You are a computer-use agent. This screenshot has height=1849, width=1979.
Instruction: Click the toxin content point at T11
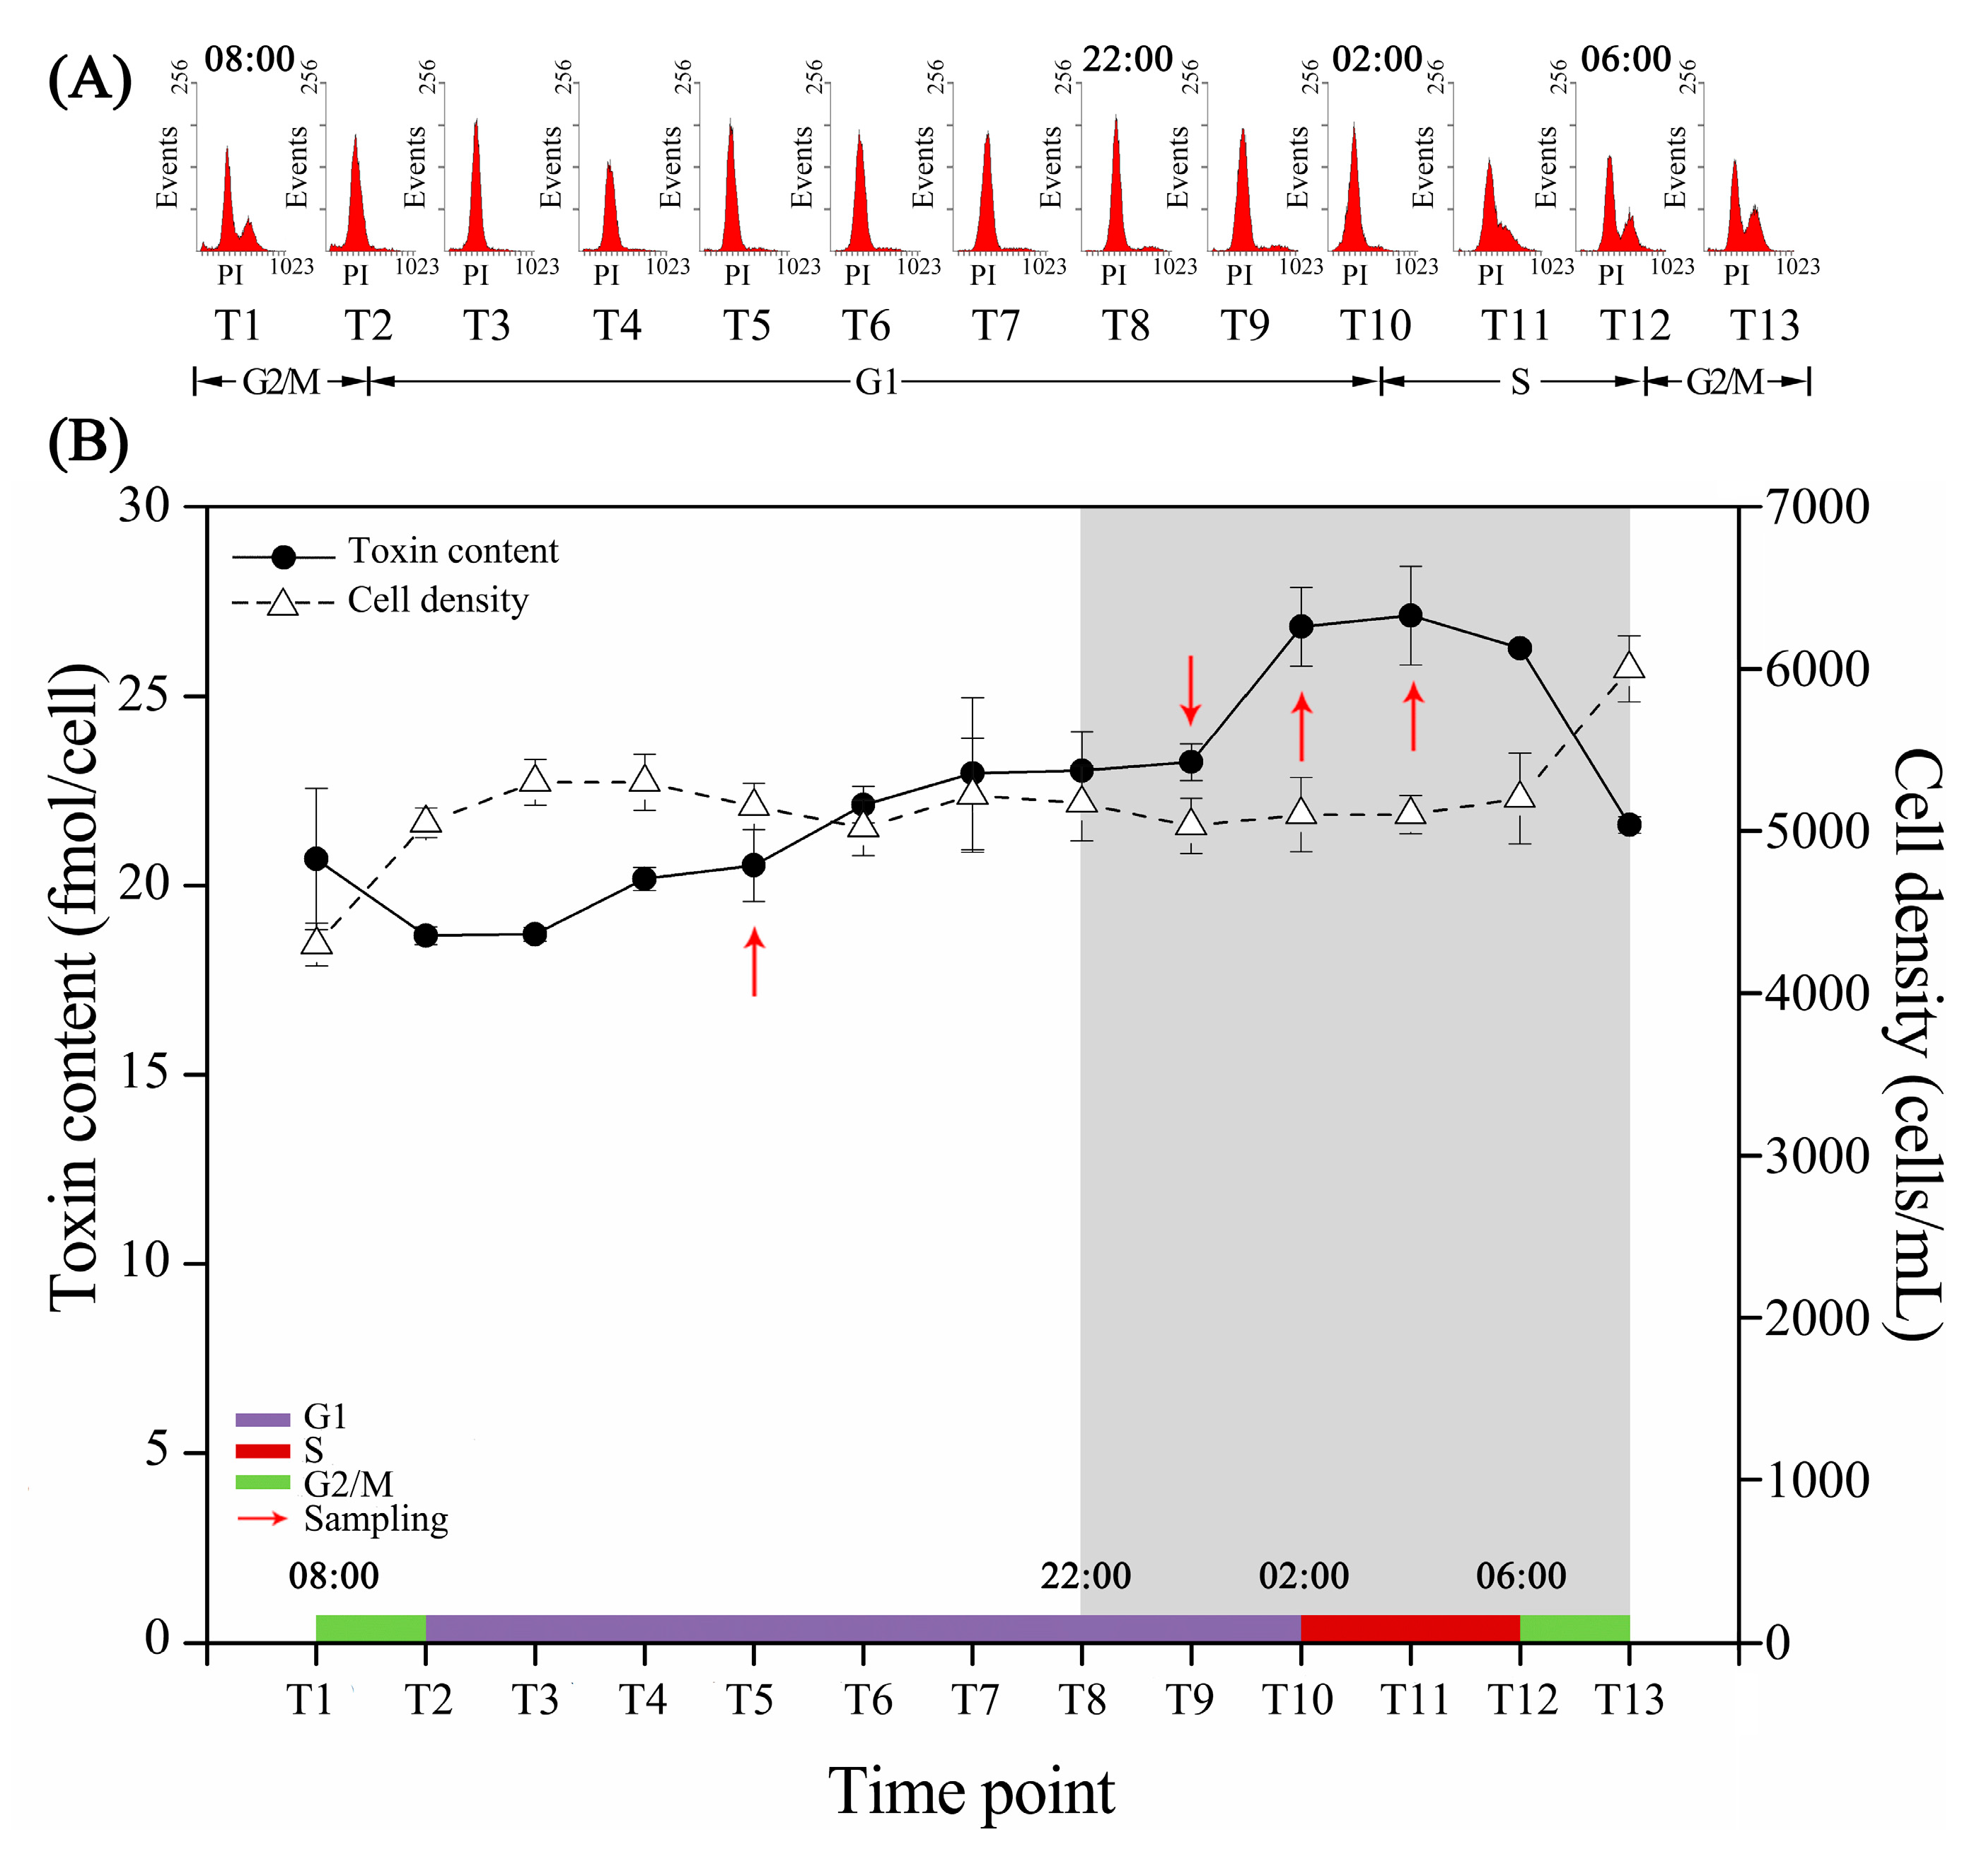[x=1410, y=615]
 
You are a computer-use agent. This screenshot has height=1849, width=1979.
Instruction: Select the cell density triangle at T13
[x=1629, y=665]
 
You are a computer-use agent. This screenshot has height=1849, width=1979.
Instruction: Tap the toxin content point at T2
[x=426, y=935]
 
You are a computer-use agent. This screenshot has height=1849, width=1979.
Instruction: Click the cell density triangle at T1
[x=317, y=941]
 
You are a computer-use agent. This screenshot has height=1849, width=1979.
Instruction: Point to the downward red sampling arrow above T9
[x=1190, y=689]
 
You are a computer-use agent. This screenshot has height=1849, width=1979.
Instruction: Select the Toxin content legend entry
[x=452, y=552]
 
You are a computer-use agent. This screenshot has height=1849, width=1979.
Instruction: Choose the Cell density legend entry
[x=437, y=600]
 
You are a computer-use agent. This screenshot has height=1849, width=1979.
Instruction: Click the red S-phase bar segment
[x=1410, y=1628]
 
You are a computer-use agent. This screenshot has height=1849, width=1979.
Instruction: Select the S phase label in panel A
[x=1519, y=382]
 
